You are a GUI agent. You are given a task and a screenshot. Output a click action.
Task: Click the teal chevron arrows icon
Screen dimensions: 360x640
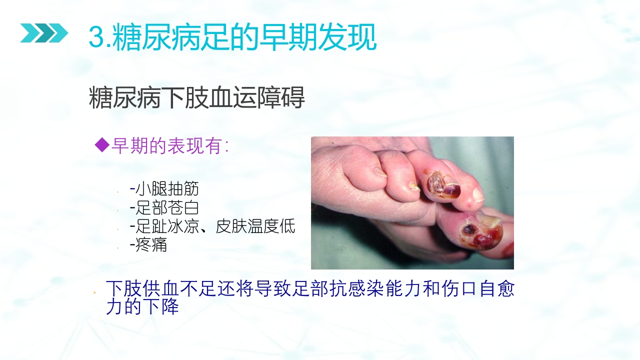tap(44, 33)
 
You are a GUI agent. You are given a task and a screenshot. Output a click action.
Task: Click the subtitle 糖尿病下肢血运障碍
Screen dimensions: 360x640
tap(196, 98)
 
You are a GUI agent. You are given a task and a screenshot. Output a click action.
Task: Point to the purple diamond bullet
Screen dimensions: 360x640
tap(101, 145)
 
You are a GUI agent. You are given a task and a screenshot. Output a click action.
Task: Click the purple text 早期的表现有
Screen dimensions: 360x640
tap(169, 145)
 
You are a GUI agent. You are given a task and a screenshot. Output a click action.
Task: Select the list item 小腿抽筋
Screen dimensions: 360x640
tap(167, 189)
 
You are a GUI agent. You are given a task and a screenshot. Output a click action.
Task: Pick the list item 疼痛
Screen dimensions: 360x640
tap(151, 245)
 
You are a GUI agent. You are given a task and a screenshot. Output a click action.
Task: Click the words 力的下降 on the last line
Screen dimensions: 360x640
tap(142, 306)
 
